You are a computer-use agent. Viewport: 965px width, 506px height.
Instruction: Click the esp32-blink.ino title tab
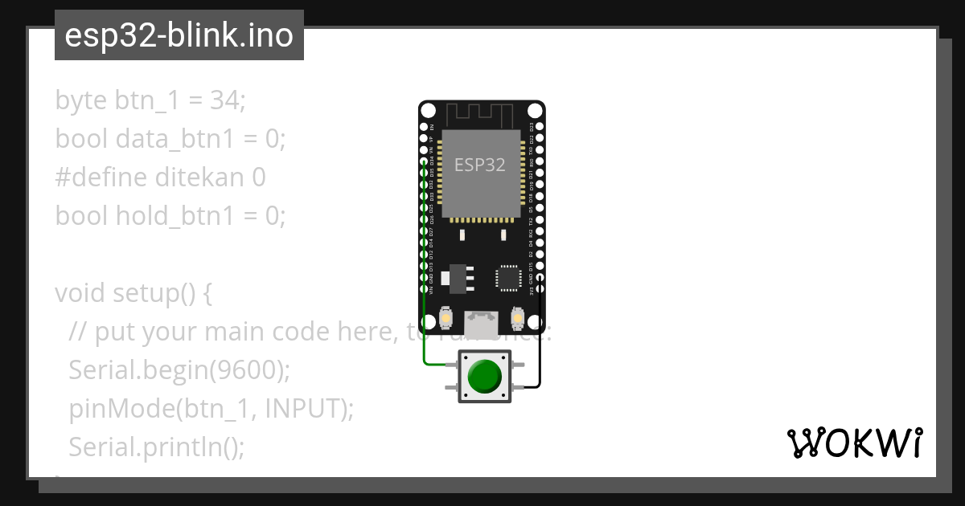tap(179, 35)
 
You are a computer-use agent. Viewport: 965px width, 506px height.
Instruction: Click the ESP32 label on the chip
tap(480, 165)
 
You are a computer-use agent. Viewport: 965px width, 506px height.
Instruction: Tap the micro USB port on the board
tap(482, 323)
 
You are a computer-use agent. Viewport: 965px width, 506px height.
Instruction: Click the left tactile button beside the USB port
tap(445, 319)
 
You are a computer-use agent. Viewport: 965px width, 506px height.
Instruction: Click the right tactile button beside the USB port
tap(519, 319)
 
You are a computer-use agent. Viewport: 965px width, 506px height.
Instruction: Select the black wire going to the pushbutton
tap(540, 337)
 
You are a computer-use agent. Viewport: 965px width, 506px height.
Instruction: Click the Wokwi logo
tap(854, 443)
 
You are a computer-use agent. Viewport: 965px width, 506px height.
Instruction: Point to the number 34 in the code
tap(224, 100)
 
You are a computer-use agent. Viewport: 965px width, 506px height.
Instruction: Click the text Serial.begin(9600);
tap(179, 369)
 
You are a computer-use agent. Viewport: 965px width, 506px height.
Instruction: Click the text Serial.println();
tap(156, 447)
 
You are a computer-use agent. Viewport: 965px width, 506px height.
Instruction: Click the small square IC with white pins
tap(508, 277)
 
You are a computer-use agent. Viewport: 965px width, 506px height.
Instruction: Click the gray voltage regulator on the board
tap(459, 275)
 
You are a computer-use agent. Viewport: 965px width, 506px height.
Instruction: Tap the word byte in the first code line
tap(81, 100)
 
